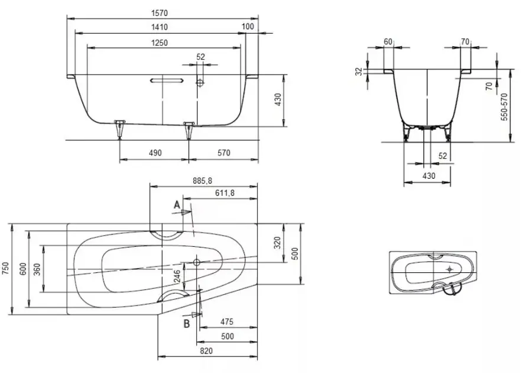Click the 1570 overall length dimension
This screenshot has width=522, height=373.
pos(160,14)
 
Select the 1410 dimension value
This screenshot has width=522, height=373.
pos(160,27)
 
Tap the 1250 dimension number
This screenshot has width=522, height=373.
pos(160,43)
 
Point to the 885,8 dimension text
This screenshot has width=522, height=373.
pos(202,181)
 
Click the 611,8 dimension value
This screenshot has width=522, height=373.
pos(225,193)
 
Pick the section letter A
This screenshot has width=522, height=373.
pos(177,205)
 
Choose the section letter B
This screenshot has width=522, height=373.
pos(187,323)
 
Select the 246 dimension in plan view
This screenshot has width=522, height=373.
pos(177,276)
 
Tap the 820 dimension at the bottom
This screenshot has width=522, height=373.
pos(206,351)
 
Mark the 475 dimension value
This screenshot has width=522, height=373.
pos(226,322)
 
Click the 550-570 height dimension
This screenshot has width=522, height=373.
pos(504,107)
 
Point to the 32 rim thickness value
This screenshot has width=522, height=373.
pos(358,72)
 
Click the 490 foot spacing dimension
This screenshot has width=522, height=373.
pos(155,153)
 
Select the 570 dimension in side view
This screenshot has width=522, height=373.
pos(223,153)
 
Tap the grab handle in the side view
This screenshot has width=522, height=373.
pos(167,81)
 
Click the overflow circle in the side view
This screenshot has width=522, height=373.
pos(200,83)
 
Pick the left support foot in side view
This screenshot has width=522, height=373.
pos(119,129)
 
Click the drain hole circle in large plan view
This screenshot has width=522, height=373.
pos(196,262)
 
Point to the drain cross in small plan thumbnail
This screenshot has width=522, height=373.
pos(450,269)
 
